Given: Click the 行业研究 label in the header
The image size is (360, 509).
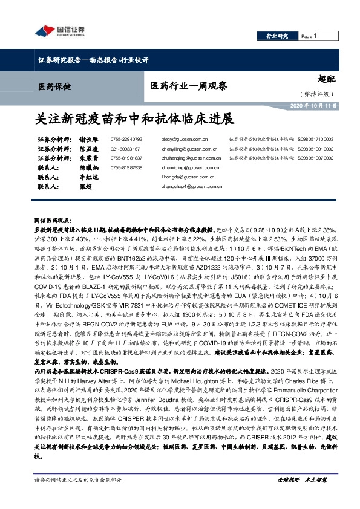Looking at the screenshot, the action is tap(278, 37).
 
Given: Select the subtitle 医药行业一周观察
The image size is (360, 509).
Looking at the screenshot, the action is tap(189, 87).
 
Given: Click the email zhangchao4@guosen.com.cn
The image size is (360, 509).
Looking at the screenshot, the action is tap(189, 187).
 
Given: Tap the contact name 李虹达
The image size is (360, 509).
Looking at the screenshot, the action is tap(89, 177).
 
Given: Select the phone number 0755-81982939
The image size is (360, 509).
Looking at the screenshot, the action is tap(126, 167).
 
